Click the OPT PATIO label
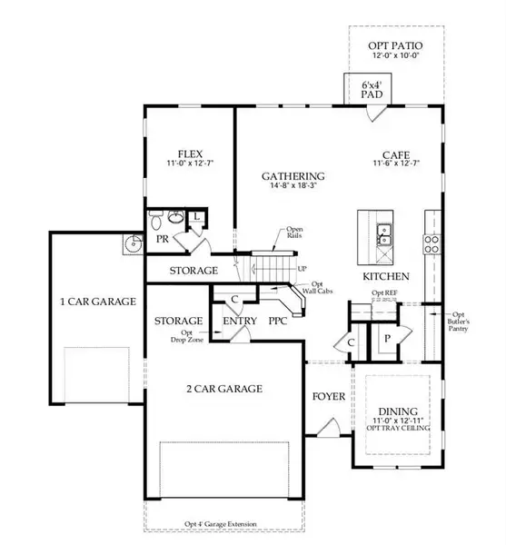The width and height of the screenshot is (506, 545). [396, 45]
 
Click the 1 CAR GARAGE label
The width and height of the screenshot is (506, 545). [97, 302]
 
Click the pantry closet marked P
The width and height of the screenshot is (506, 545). [387, 338]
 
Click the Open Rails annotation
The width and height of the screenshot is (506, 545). [294, 233]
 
